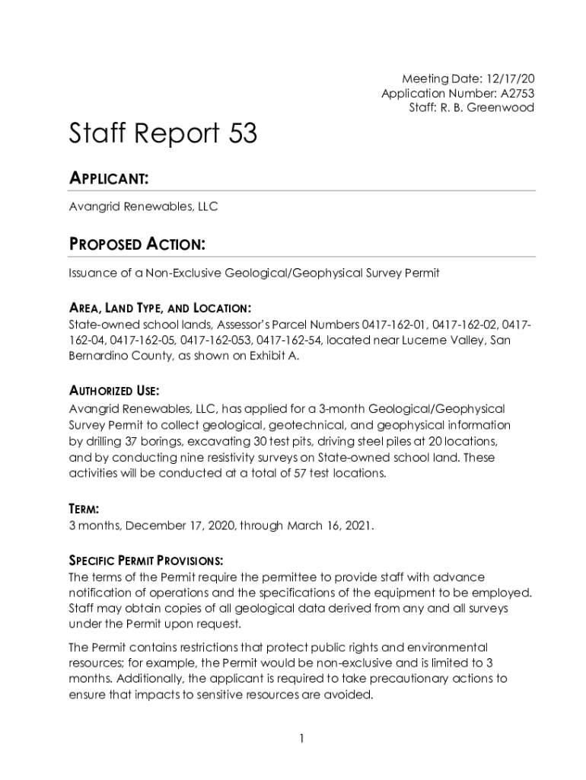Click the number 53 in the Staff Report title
(x=241, y=135)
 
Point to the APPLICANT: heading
(x=108, y=179)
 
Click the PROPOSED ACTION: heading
(x=137, y=245)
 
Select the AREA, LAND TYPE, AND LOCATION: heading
(x=160, y=308)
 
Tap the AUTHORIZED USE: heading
(x=114, y=391)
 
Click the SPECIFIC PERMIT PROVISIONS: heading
(x=145, y=561)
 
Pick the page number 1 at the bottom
(x=302, y=738)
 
